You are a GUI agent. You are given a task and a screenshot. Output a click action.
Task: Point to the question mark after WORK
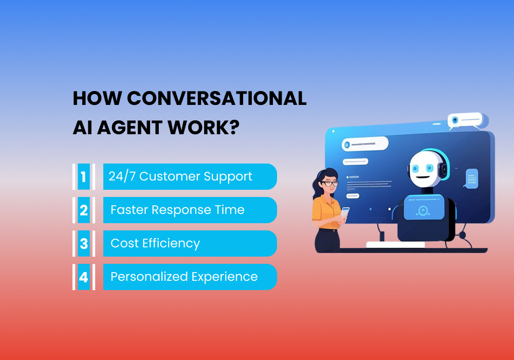233,127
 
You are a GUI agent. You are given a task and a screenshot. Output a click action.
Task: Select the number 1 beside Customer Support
83,177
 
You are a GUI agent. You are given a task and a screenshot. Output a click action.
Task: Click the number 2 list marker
83,210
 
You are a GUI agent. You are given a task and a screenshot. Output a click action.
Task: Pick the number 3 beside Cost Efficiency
83,244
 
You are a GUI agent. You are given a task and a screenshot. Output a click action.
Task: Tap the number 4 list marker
83,277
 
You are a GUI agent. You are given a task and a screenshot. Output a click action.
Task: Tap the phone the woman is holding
345,212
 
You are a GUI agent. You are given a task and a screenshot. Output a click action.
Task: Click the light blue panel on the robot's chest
422,209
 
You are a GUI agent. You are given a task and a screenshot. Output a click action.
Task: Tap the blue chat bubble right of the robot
471,178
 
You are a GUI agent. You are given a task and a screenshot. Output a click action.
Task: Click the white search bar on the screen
365,146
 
